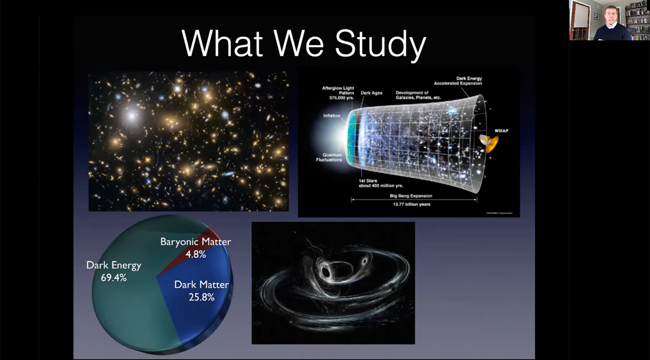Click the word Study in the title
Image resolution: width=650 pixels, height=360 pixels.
pyautogui.click(x=380, y=44)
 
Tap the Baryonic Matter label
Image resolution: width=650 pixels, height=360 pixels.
pyautogui.click(x=196, y=242)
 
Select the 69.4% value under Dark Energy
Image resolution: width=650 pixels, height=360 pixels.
pyautogui.click(x=114, y=278)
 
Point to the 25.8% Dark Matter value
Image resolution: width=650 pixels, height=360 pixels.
pyautogui.click(x=201, y=297)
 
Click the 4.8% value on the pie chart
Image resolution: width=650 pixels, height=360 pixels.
pyautogui.click(x=196, y=255)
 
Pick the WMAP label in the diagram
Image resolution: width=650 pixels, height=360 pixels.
pyautogui.click(x=502, y=131)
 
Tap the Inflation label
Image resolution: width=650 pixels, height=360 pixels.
pyautogui.click(x=332, y=116)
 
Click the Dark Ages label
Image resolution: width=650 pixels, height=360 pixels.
pyautogui.click(x=371, y=93)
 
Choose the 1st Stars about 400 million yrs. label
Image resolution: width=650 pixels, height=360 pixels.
pyautogui.click(x=382, y=183)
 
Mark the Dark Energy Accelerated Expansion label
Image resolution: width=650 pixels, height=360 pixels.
pyautogui.click(x=458, y=81)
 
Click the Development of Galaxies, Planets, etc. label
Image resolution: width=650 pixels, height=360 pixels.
pyautogui.click(x=418, y=95)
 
